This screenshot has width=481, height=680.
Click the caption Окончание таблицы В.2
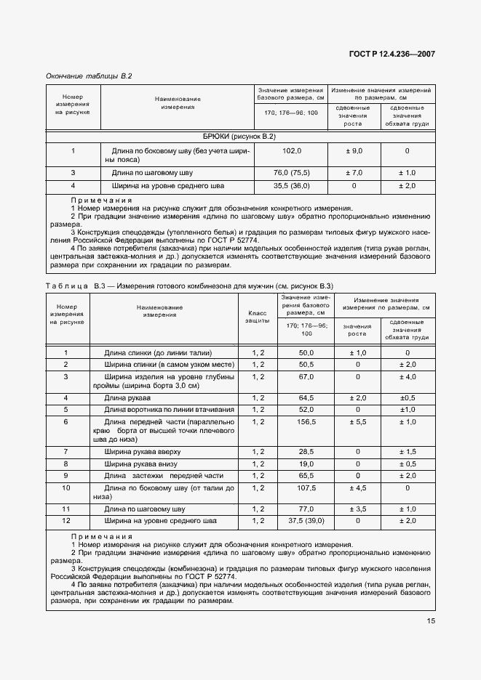coord(89,75)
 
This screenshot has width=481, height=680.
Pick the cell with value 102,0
coord(291,150)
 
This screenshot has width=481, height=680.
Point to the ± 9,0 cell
coord(354,150)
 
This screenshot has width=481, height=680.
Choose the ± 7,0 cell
coord(354,173)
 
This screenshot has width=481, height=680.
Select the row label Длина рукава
coord(128,398)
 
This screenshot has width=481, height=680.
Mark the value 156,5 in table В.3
coord(306,421)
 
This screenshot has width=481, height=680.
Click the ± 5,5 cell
coord(357,421)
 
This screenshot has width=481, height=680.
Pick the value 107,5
coord(306,487)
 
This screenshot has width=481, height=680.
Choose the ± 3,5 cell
coord(357,509)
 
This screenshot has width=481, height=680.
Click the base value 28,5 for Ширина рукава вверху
coord(306,452)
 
